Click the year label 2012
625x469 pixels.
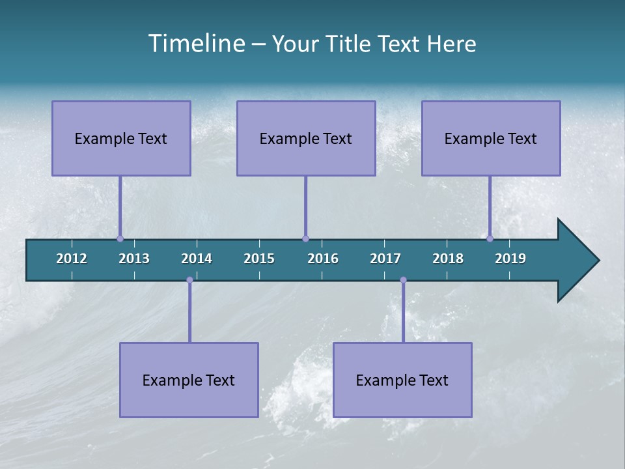[72, 259]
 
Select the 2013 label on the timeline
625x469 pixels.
[134, 259]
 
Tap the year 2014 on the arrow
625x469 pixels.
[197, 259]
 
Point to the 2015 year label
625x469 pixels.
[259, 259]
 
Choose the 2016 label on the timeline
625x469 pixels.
[323, 259]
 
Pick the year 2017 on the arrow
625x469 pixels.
[385, 259]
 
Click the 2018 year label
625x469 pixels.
[448, 259]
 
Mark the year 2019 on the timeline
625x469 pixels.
[510, 259]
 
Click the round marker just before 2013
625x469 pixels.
[120, 238]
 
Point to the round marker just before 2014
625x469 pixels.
[189, 280]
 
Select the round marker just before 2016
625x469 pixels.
[305, 238]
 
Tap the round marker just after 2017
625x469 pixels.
[403, 280]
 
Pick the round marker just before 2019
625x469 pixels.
[490, 238]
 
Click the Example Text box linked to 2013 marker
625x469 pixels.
[121, 138]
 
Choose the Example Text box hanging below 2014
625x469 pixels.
[189, 380]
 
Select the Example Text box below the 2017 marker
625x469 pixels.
[402, 380]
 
